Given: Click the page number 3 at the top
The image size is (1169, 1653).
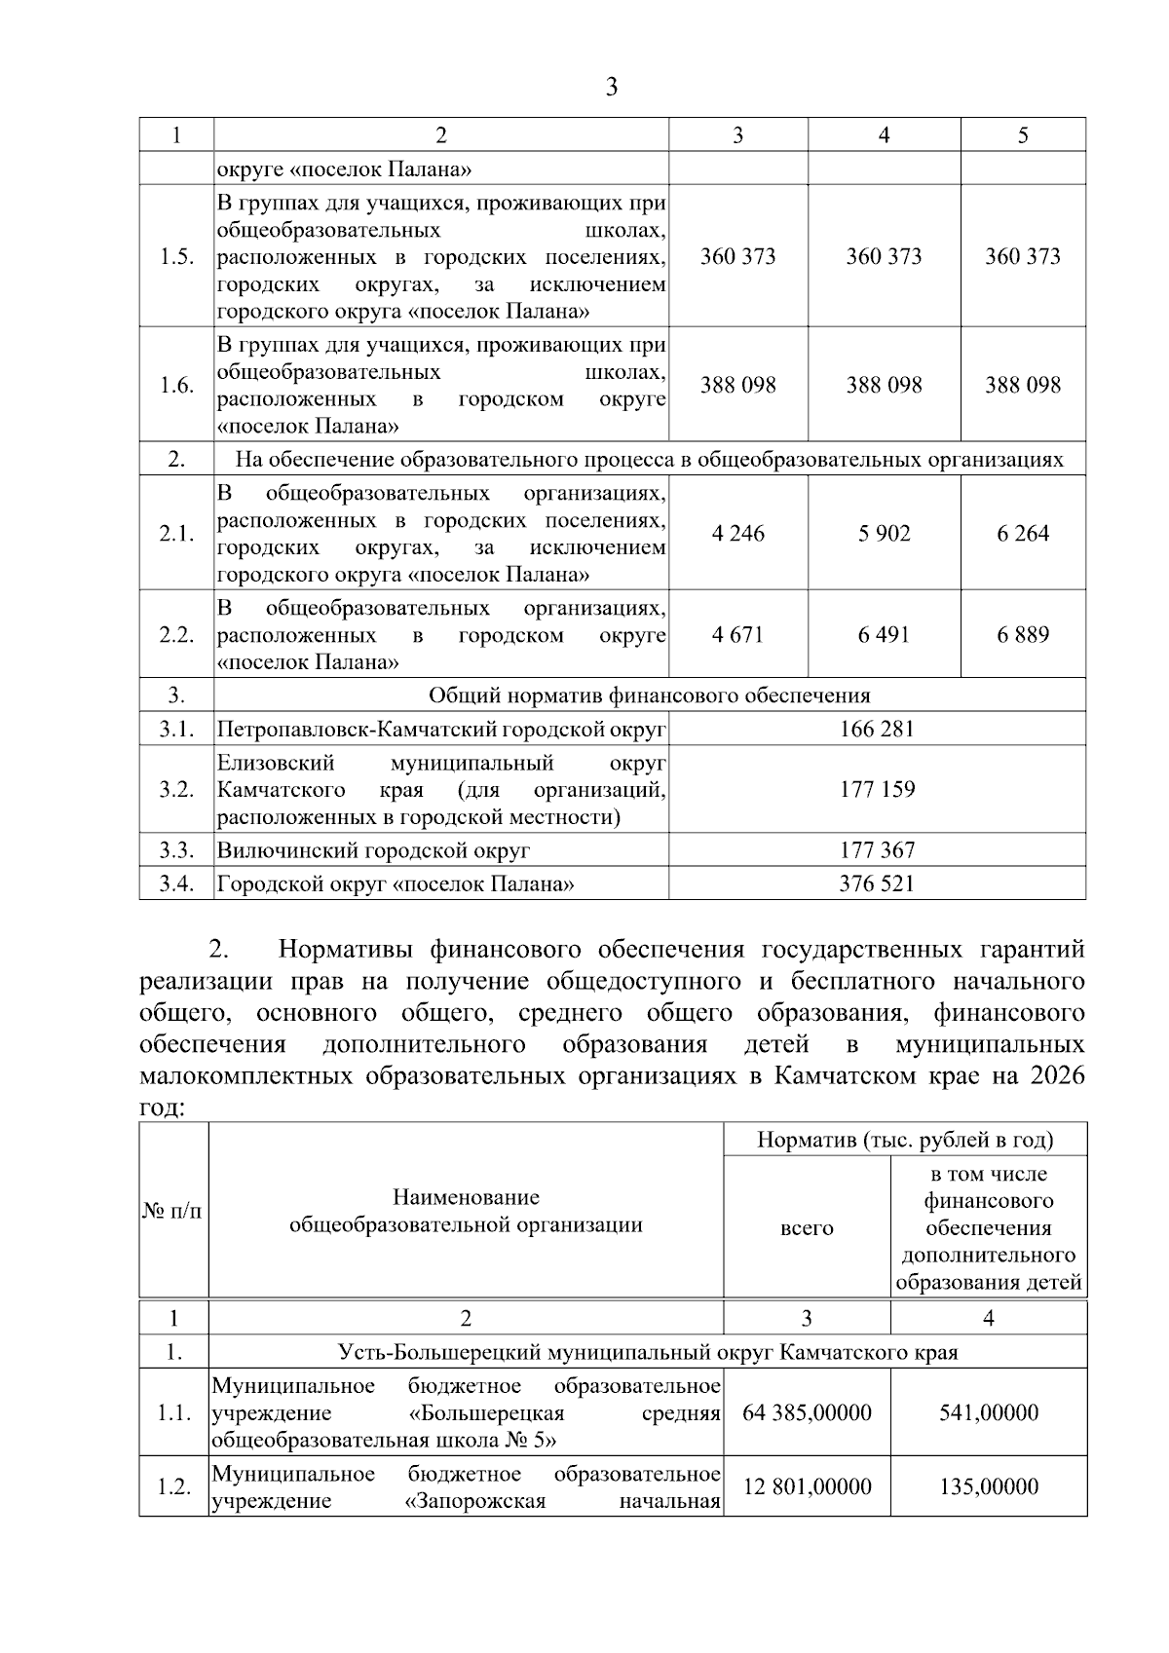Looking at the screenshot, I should click(611, 88).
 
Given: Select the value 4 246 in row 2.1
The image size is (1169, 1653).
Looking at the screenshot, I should click(737, 533).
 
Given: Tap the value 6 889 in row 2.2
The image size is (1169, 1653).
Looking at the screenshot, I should click(1023, 635).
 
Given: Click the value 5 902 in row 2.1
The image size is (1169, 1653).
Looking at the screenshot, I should click(884, 533).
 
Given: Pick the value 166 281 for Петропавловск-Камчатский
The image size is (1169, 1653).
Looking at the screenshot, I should click(877, 729).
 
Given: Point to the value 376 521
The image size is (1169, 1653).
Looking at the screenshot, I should click(877, 884).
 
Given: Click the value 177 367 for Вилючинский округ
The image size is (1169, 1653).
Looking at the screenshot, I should click(877, 850).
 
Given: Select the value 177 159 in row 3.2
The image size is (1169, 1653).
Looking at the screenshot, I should click(877, 789).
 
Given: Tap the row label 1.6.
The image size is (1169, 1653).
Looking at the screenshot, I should click(176, 385).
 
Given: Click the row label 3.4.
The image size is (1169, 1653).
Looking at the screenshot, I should click(176, 884).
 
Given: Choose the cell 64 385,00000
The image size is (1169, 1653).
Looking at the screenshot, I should click(807, 1412).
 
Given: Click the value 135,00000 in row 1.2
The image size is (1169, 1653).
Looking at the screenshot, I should click(989, 1486).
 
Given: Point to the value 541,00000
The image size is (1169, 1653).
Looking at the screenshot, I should click(989, 1412).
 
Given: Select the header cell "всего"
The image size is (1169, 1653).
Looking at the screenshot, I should click(807, 1228).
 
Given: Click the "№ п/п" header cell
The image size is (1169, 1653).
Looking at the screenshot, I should click(173, 1212).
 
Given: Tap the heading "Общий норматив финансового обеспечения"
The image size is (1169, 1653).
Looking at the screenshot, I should click(649, 695).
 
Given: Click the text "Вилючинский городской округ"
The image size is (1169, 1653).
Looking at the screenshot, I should click(373, 850).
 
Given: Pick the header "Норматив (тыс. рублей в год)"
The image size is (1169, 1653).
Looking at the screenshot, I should click(905, 1140).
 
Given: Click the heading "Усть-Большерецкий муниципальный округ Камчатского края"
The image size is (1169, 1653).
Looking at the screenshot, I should click(648, 1352).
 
